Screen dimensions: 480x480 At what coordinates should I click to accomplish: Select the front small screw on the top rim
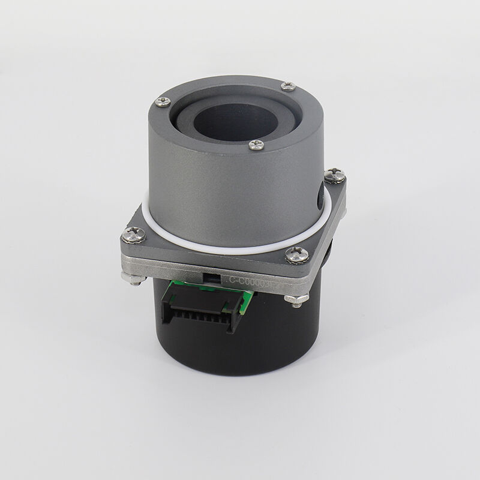pyautogui.click(x=256, y=144)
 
